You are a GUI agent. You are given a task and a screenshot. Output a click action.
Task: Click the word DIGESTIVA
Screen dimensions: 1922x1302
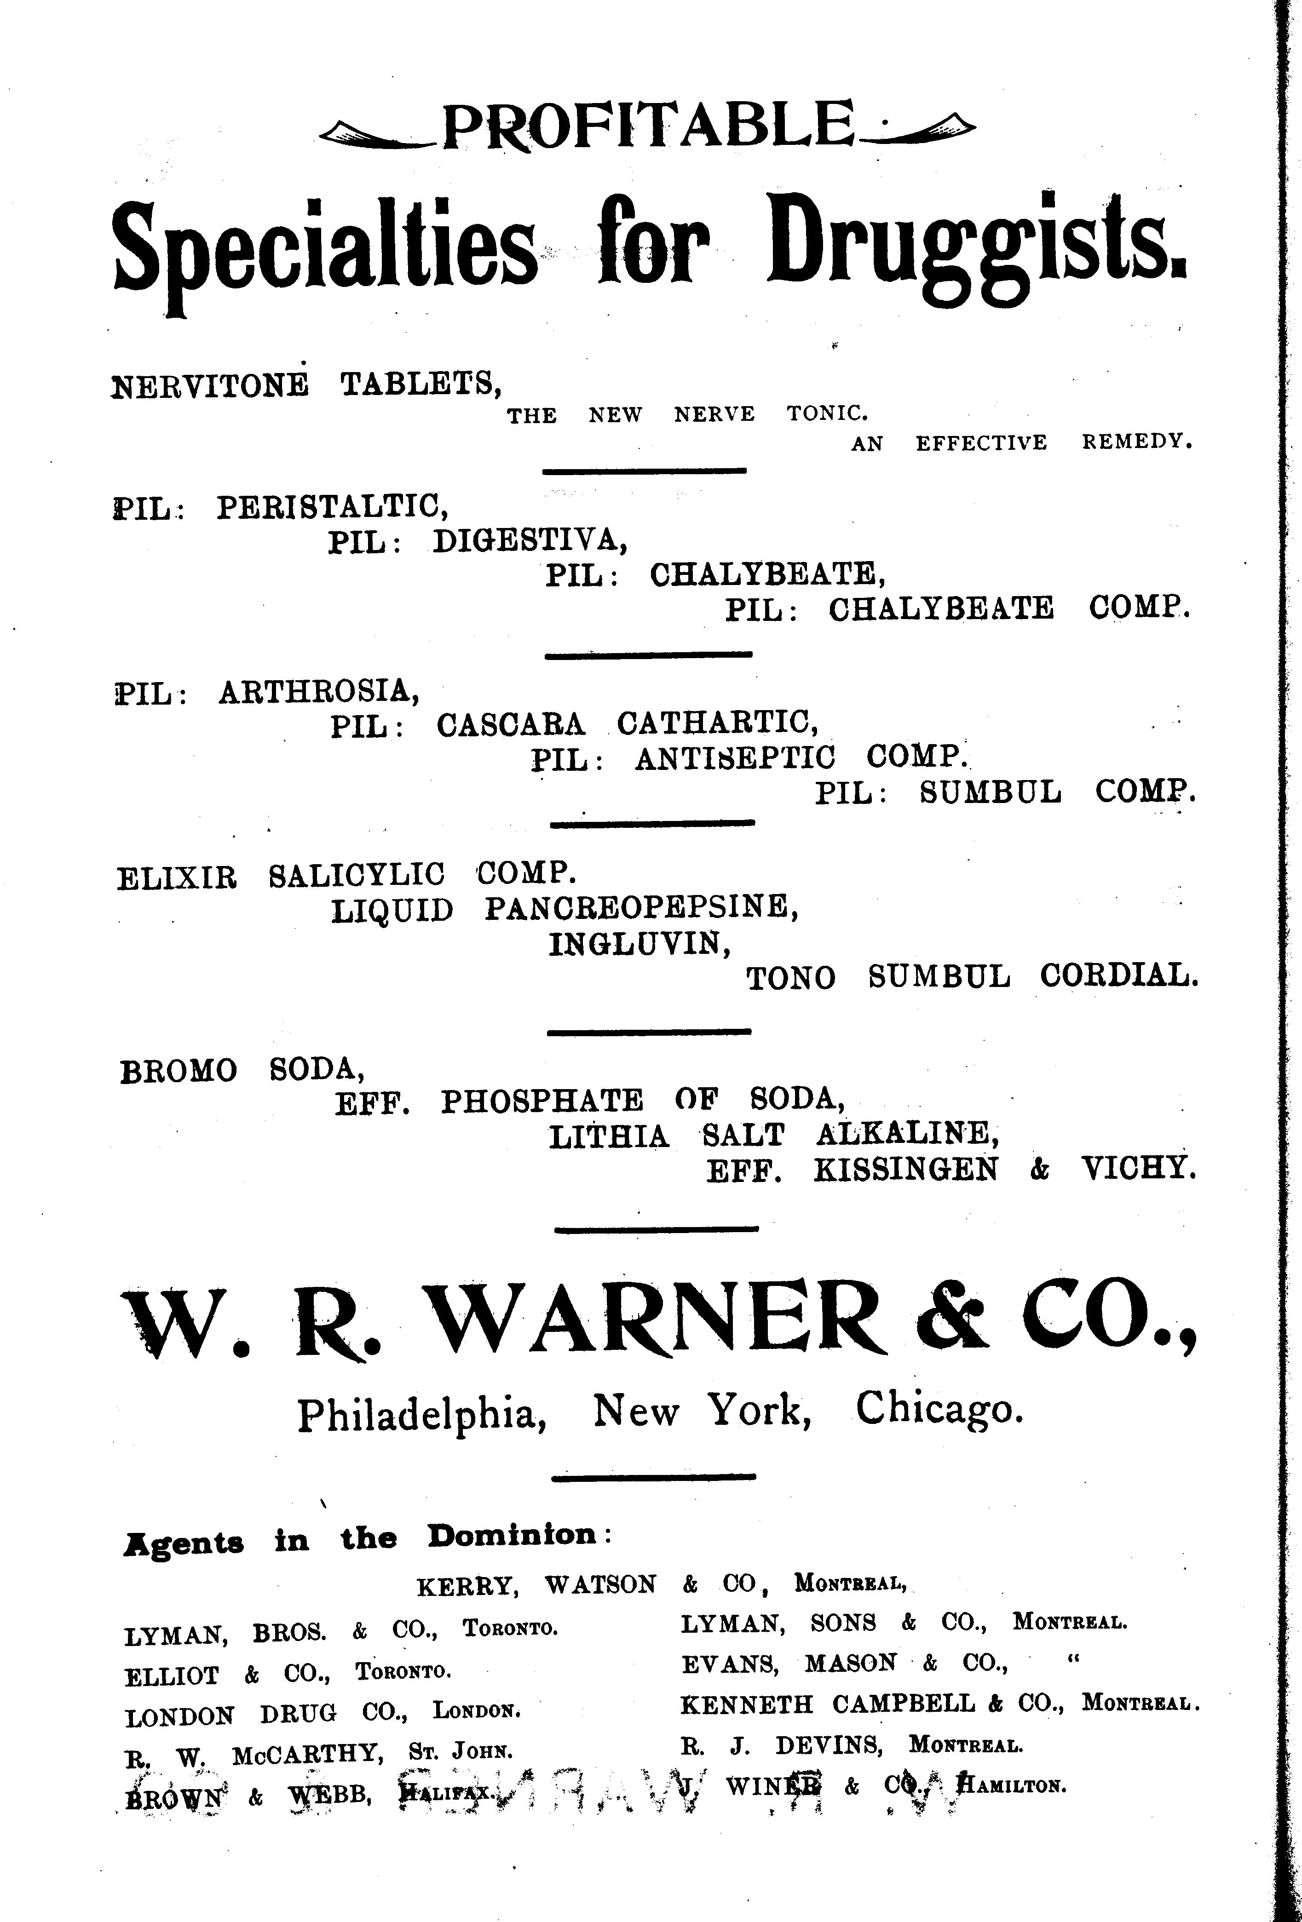click(x=530, y=542)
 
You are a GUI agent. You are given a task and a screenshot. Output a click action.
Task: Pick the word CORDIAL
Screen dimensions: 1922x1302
click(x=1118, y=977)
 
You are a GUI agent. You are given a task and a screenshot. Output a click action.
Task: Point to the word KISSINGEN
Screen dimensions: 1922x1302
click(x=906, y=1170)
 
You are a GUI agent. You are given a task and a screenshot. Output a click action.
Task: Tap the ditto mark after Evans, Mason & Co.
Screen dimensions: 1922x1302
click(x=1075, y=1660)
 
